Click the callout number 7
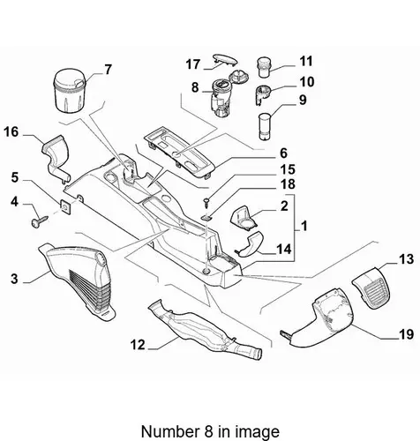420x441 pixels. (x=109, y=70)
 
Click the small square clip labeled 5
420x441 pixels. (x=65, y=207)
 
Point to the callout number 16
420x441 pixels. (x=11, y=132)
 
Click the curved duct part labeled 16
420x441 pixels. (x=56, y=158)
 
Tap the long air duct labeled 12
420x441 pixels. (x=205, y=329)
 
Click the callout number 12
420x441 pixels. (x=138, y=345)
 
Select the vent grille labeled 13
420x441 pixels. (x=372, y=288)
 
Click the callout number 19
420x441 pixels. (x=406, y=334)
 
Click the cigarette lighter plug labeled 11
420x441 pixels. (x=264, y=67)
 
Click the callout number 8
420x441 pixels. (x=195, y=87)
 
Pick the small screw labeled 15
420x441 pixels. (x=206, y=203)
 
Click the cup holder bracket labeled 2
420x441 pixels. (x=244, y=218)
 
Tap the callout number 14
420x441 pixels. (x=284, y=250)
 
